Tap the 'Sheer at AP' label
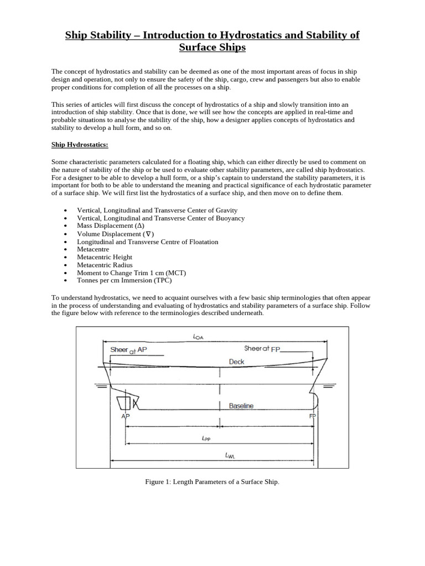[x=128, y=350]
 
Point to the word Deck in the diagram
[x=236, y=362]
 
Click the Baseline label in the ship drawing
[x=241, y=406]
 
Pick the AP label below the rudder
[x=125, y=416]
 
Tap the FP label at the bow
[x=313, y=416]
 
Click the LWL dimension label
[x=230, y=455]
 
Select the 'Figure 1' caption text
[x=212, y=482]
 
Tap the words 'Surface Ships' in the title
[x=212, y=48]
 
